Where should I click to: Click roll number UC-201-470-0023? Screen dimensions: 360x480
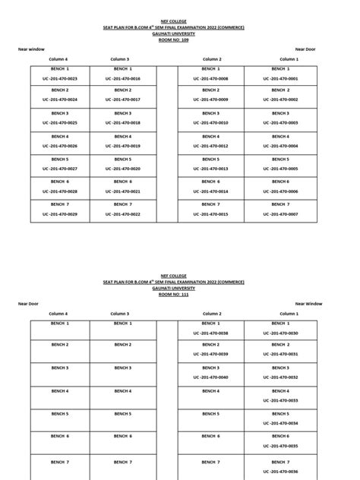pos(59,78)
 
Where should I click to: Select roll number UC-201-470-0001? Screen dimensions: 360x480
pos(288,78)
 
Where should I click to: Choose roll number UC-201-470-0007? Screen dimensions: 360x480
pos(288,214)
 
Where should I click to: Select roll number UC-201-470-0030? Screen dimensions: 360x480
pos(288,333)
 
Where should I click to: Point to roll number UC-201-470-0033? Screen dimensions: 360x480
pos(288,399)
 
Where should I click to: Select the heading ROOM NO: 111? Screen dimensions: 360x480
pos(180,294)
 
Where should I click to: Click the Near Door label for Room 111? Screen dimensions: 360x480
pos(29,303)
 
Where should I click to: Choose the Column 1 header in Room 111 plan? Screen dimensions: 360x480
pos(289,313)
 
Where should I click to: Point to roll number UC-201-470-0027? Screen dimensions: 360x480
pos(59,169)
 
